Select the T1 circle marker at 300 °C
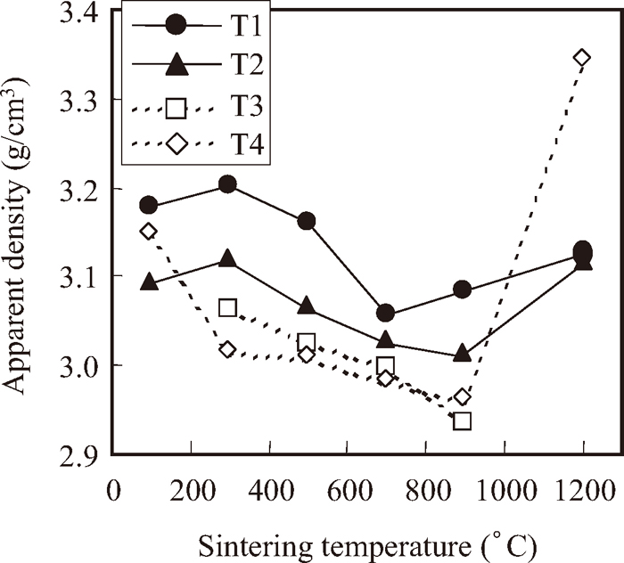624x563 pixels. click(x=227, y=184)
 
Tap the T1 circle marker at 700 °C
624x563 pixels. click(x=385, y=313)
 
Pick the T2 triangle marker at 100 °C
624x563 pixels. click(x=149, y=281)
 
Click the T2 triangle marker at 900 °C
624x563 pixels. click(x=462, y=353)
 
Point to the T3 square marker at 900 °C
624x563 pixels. click(x=462, y=420)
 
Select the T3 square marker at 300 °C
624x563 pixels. click(x=227, y=308)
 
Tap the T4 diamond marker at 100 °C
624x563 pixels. click(x=149, y=232)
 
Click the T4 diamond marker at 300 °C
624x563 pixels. click(x=227, y=349)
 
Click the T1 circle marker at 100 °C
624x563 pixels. click(x=149, y=206)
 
